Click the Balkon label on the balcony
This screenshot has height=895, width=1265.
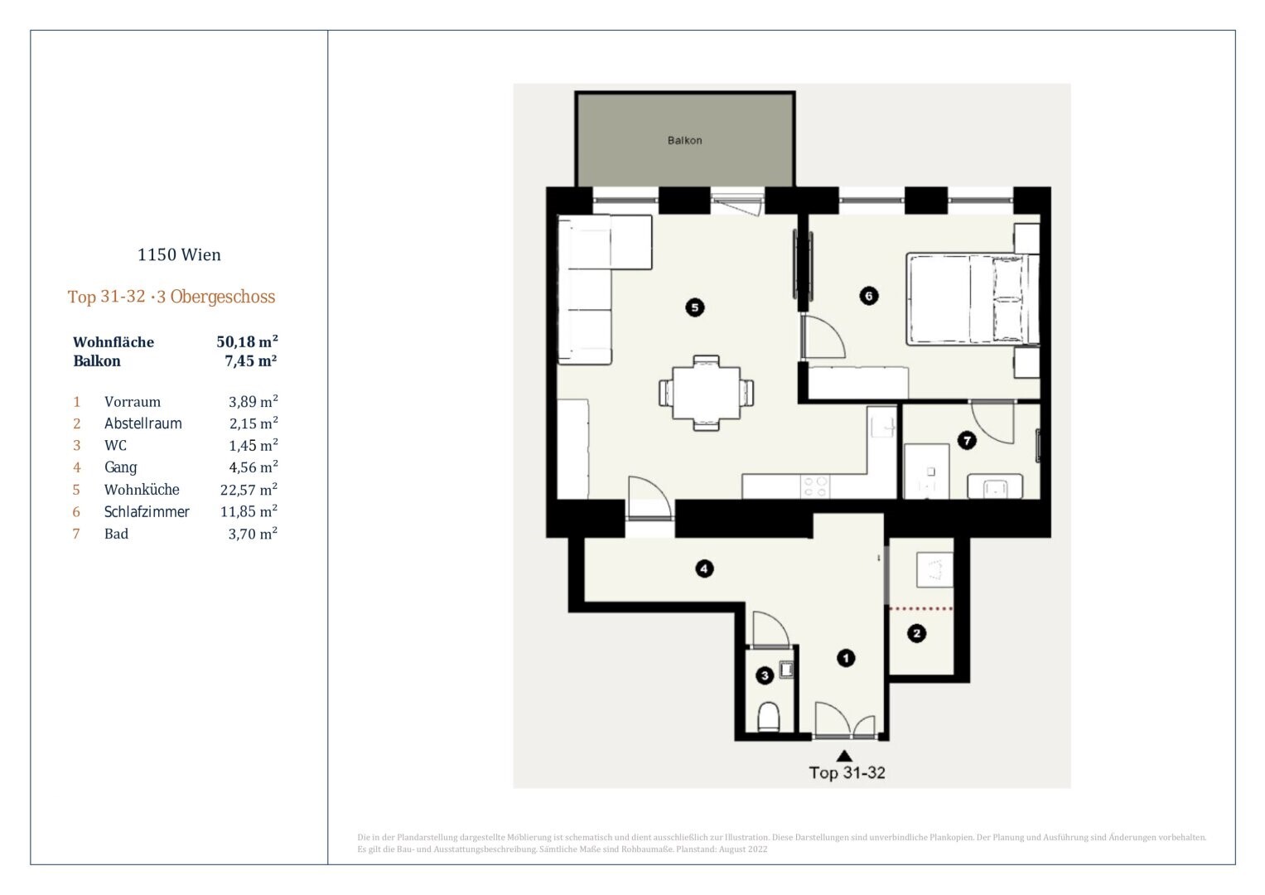tap(684, 140)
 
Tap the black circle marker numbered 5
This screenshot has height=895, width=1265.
tap(694, 307)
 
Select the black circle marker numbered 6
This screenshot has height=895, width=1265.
tap(868, 296)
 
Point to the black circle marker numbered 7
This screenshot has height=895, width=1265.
tap(967, 440)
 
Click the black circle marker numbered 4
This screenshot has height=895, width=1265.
tap(703, 568)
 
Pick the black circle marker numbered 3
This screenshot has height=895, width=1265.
tap(765, 675)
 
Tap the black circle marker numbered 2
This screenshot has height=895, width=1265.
tap(916, 633)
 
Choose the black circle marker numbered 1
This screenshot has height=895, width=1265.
tap(845, 658)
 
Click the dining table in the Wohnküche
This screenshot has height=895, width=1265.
tap(706, 393)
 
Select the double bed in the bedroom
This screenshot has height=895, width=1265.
tap(973, 299)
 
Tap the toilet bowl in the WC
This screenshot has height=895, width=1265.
tap(768, 717)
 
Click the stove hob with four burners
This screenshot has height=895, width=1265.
tap(815, 487)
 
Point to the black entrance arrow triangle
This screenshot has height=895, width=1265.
tap(844, 756)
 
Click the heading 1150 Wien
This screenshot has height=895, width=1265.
tap(179, 255)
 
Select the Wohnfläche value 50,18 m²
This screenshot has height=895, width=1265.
tap(248, 341)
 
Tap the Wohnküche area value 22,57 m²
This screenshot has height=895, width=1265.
tap(249, 489)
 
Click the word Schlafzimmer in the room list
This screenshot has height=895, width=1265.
tap(147, 512)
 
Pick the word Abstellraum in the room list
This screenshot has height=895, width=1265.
tap(142, 423)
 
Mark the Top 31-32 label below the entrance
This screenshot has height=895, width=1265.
tap(847, 772)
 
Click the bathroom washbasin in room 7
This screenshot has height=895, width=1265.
tap(994, 486)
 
